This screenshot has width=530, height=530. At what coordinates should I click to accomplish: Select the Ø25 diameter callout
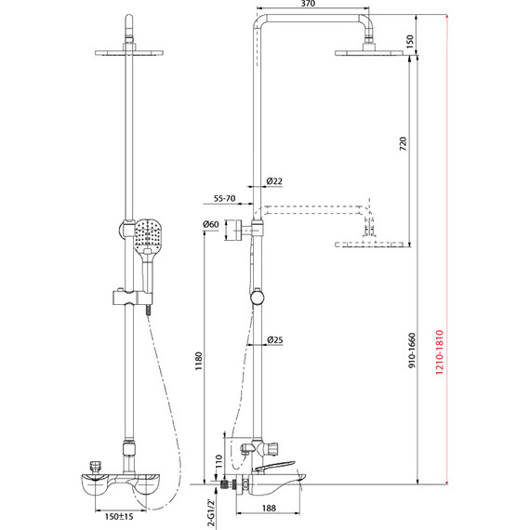274,339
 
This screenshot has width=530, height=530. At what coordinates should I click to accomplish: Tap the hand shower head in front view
149,236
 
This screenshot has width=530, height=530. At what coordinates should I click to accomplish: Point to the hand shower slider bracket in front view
130,299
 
